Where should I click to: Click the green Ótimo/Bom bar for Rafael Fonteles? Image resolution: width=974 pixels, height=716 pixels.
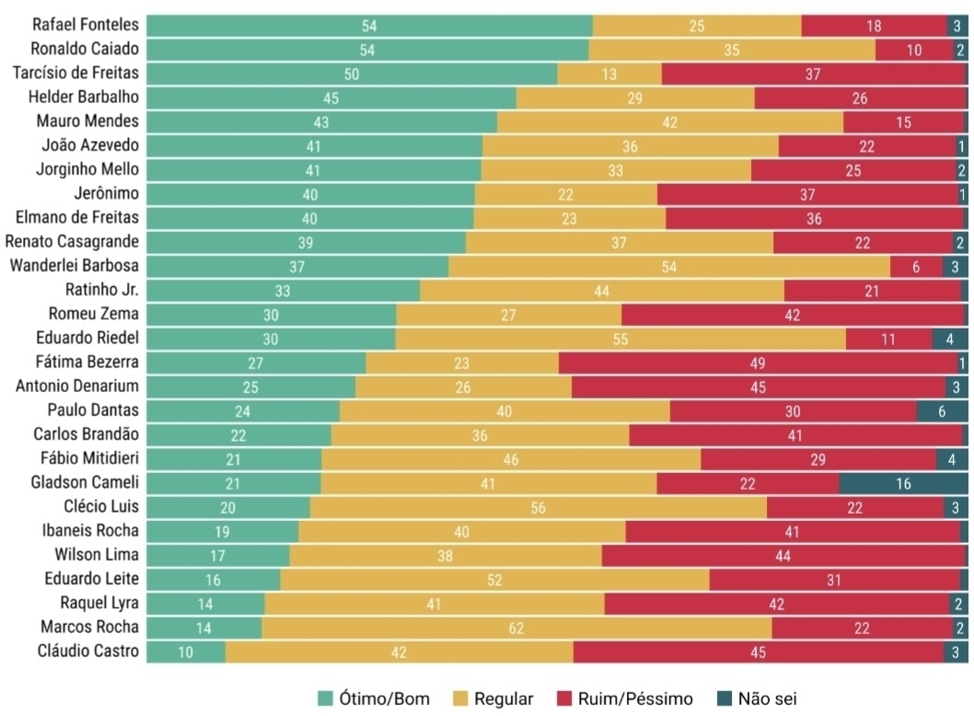coord(368,27)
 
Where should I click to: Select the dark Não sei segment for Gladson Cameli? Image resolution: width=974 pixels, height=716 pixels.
coord(902,483)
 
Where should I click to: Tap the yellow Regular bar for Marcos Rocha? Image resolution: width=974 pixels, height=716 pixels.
coord(516,627)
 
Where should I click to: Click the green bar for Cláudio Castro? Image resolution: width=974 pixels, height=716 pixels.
coord(186,651)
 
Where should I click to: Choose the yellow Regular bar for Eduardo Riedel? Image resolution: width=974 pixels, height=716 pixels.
coord(620,339)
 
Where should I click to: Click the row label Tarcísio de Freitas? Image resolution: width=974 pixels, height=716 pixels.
coord(75,74)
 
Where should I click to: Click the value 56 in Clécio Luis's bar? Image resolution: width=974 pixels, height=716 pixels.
coord(538,507)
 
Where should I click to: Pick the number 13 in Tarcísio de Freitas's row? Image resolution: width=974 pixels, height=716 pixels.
coord(609,75)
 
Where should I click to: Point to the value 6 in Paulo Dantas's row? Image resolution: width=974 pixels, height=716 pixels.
coord(942,411)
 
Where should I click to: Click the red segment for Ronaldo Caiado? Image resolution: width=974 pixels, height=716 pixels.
coord(914,51)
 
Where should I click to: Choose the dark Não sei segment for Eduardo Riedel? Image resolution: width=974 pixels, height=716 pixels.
coord(948,339)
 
